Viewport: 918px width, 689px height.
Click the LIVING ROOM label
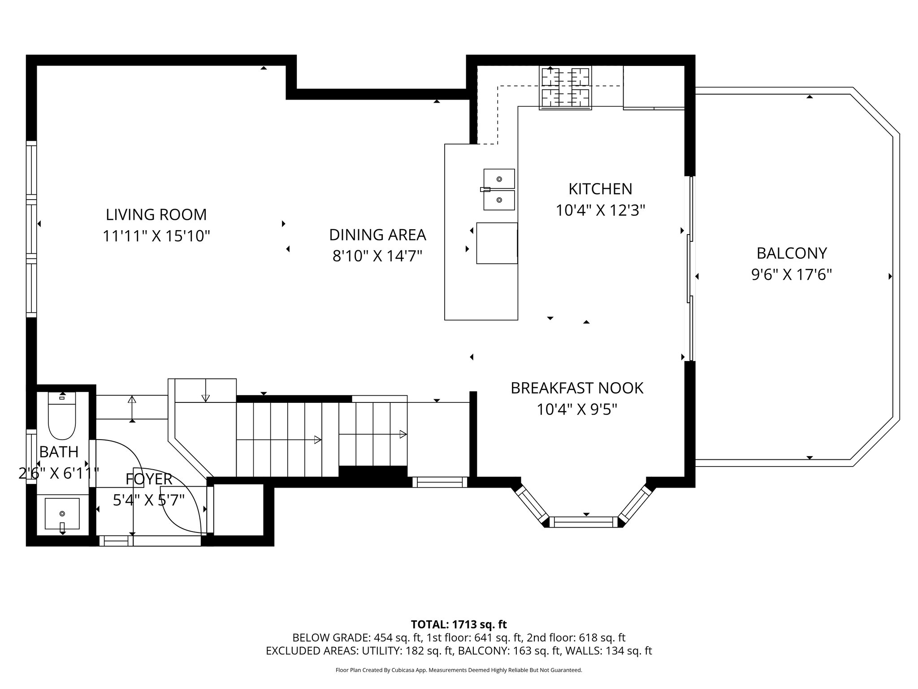pos(156,214)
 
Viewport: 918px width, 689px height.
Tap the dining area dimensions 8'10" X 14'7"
pos(377,256)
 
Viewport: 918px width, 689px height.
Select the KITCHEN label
pos(600,189)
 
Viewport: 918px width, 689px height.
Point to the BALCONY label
pos(791,253)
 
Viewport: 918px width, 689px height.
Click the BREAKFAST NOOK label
pos(577,388)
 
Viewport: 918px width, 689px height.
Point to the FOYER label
pos(148,479)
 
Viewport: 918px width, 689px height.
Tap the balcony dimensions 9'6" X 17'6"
pos(791,275)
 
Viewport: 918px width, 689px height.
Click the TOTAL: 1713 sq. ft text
pos(459,624)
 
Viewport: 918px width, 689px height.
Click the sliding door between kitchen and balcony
pos(691,269)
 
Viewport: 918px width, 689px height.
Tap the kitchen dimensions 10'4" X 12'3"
pos(600,210)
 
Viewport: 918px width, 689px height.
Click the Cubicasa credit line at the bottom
pos(459,670)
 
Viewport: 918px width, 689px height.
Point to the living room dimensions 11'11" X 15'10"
pos(156,236)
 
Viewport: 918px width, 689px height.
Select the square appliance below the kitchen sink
pos(497,243)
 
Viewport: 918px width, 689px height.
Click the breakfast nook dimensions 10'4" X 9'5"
pos(577,409)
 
